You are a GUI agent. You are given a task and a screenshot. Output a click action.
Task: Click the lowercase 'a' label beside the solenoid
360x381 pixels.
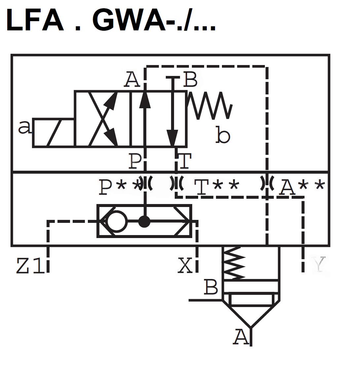tap(24, 128)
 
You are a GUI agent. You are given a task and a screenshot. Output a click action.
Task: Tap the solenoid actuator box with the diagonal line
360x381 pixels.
tap(54, 133)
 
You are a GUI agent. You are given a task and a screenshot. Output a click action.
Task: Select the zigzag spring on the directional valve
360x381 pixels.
tap(210, 106)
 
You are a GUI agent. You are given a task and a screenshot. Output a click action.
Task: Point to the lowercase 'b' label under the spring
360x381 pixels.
tap(223, 135)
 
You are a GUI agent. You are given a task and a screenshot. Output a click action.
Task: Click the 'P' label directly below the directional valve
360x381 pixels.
tap(135, 161)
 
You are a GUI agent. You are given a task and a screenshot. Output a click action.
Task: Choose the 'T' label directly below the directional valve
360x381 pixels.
tap(185, 161)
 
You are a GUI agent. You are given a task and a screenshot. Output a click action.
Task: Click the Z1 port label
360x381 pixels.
tap(30, 266)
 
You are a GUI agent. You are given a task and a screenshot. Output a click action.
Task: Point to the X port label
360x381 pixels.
tap(185, 265)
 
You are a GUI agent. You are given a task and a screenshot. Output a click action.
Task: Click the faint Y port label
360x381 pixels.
tap(319, 264)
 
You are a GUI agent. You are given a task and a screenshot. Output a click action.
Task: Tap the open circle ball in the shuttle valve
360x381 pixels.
tap(117, 221)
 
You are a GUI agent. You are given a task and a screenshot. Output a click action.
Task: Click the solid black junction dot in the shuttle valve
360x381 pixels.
tap(144, 222)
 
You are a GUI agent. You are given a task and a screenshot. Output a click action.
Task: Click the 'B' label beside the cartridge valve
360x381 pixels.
tap(211, 287)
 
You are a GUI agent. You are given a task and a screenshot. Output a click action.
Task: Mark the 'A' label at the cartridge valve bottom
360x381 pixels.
tap(241, 337)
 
